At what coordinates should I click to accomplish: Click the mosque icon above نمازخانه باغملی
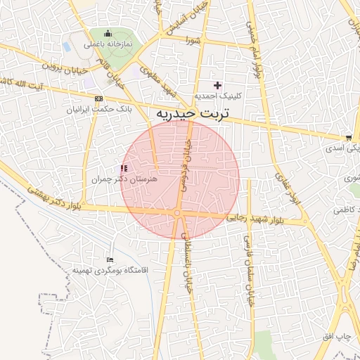[x=107, y=33]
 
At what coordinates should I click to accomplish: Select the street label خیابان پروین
[x=64, y=67]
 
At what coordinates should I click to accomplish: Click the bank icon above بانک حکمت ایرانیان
[x=98, y=99]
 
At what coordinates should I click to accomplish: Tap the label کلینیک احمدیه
[x=218, y=96]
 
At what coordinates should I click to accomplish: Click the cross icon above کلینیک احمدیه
[x=218, y=85]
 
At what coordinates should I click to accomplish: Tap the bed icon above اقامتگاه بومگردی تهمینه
[x=109, y=260]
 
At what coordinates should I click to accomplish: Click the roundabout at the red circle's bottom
[x=179, y=212]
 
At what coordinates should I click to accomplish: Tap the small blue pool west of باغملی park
[x=67, y=46]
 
